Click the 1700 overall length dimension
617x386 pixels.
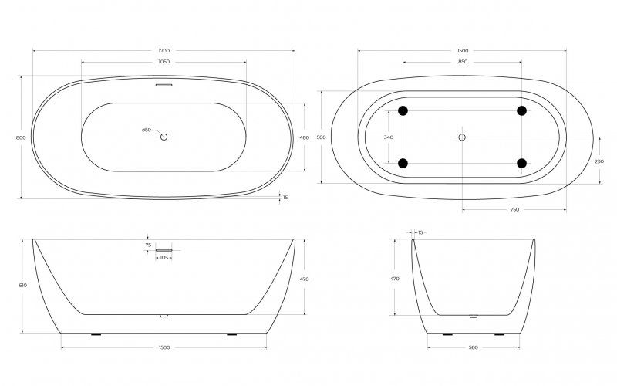164,50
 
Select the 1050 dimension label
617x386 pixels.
164,61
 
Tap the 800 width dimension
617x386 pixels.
21,137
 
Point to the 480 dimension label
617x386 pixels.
304,137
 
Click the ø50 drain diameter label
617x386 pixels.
147,130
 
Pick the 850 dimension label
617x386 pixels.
462,61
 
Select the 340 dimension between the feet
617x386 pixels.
388,137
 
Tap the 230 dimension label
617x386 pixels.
600,161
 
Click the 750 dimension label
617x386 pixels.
514,209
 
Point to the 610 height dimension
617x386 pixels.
22,285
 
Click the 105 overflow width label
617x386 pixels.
164,257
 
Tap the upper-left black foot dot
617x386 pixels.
403,111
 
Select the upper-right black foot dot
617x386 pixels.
521,111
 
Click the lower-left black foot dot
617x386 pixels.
403,163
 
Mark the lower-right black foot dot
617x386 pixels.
521,163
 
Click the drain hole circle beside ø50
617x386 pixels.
164,137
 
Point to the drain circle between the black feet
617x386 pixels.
462,137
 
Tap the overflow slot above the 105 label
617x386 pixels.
164,250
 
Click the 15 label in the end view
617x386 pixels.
420,232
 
